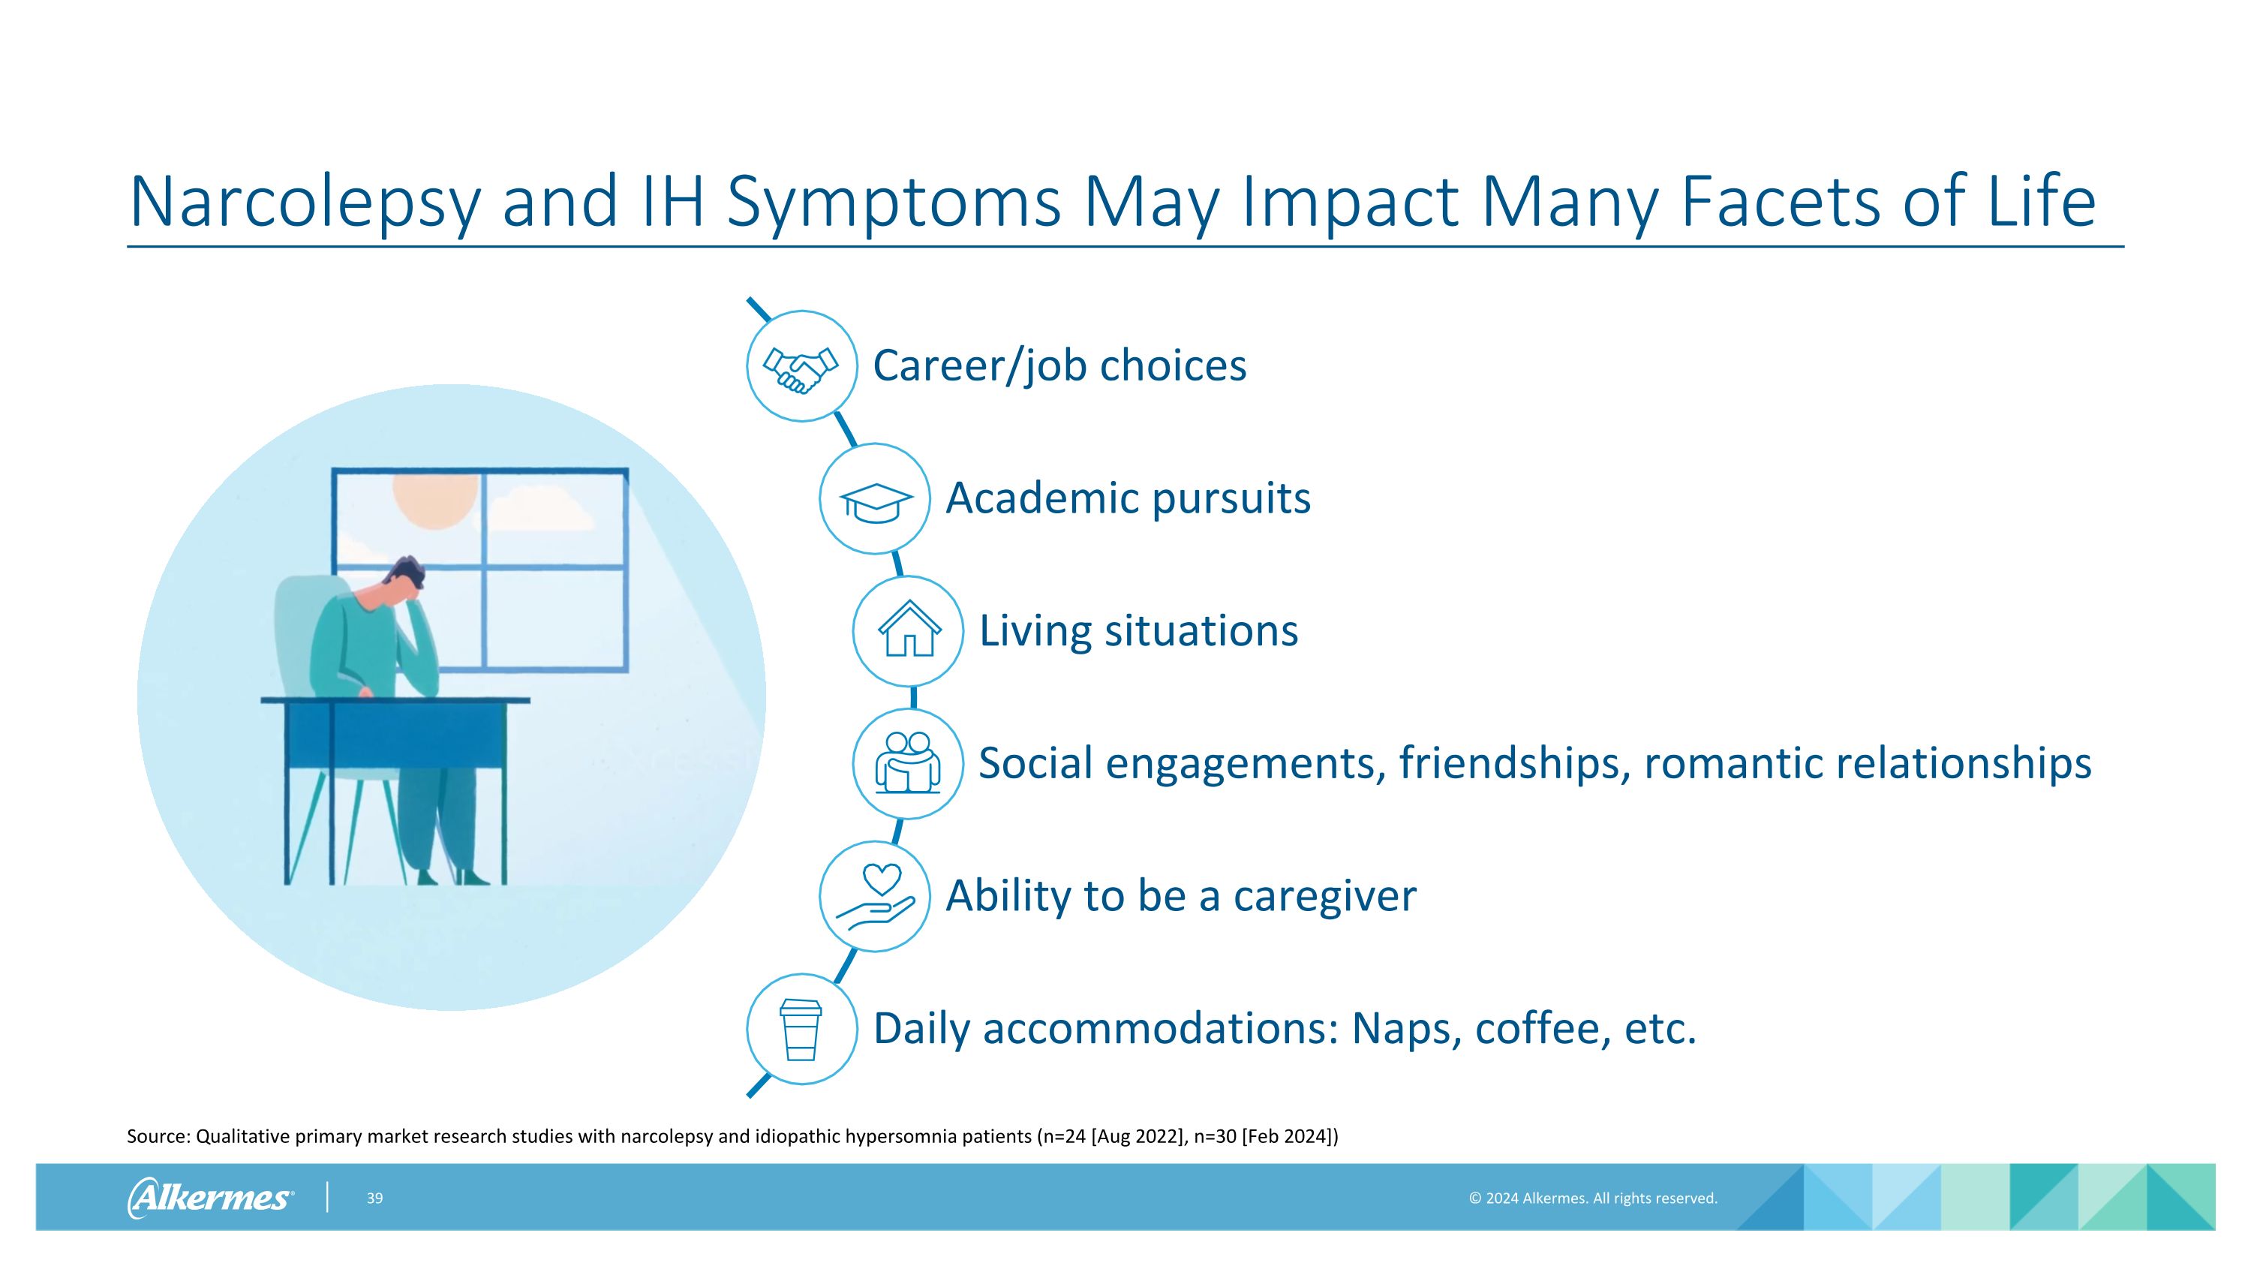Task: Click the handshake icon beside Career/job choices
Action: tap(801, 367)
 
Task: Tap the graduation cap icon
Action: tap(875, 500)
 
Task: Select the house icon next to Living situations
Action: tap(909, 631)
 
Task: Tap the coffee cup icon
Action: tap(801, 1029)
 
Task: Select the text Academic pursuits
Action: tap(1127, 499)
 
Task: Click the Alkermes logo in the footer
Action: tap(210, 1197)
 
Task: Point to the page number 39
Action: tap(375, 1198)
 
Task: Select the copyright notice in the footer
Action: tap(1592, 1198)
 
